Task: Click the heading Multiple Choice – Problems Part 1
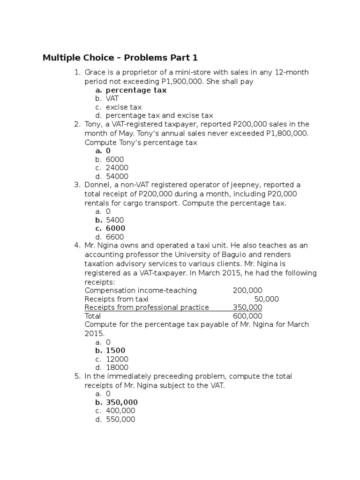(x=120, y=58)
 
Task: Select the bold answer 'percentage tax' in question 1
(x=136, y=90)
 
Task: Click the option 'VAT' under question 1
(x=112, y=98)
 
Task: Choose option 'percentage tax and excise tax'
(x=159, y=115)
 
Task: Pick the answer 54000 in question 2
(x=117, y=176)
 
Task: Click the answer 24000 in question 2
(x=117, y=168)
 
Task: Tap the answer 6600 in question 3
(x=115, y=237)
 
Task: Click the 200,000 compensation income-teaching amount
(x=247, y=291)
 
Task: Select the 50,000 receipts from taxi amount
(x=266, y=299)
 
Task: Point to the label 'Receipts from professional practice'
(x=147, y=307)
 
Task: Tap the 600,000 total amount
(x=247, y=316)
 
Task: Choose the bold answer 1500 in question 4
(x=115, y=351)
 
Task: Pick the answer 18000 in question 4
(x=117, y=367)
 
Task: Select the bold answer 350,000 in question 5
(x=122, y=402)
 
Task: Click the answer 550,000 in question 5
(x=120, y=420)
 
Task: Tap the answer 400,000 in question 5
(x=120, y=411)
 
